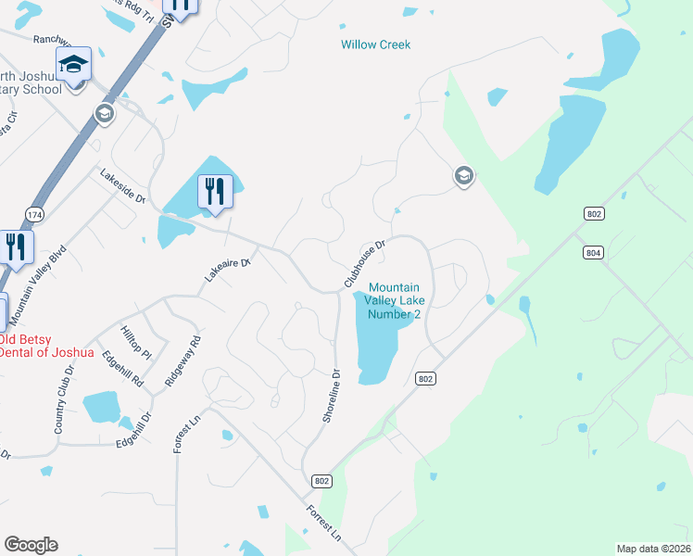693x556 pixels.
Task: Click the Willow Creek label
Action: click(375, 44)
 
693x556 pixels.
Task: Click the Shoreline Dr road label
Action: click(332, 396)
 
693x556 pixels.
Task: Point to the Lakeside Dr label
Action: click(123, 186)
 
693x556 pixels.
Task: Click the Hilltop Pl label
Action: click(135, 342)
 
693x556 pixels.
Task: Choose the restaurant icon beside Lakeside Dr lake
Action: click(215, 192)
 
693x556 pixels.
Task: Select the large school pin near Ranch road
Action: click(73, 65)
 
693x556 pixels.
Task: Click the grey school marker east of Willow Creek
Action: click(463, 175)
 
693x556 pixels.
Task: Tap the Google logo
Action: click(31, 544)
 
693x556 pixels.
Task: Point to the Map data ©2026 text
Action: click(653, 549)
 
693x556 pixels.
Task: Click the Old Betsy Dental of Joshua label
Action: click(46, 345)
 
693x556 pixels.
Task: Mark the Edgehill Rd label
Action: click(123, 367)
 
